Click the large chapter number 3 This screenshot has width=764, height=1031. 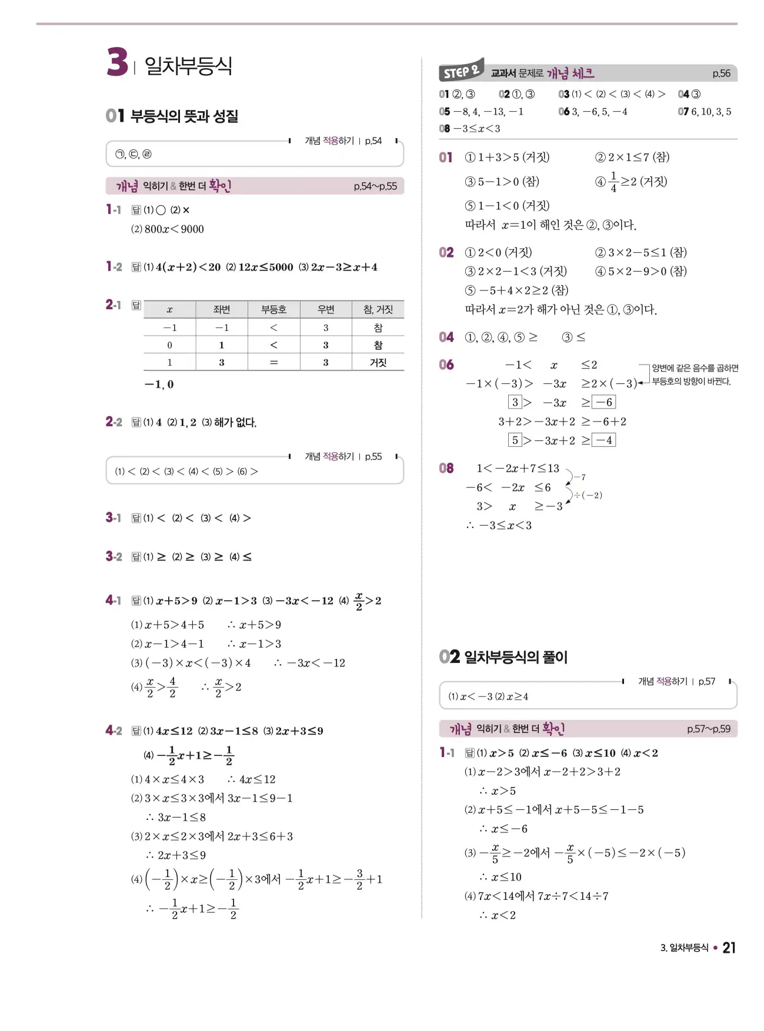click(117, 62)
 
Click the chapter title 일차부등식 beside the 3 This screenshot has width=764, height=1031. click(188, 65)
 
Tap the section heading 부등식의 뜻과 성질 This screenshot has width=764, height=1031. click(184, 116)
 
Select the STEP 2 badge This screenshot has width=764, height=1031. click(461, 71)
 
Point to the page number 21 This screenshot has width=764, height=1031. click(729, 948)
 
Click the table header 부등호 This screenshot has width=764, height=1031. click(273, 310)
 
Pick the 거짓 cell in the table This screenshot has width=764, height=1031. click(378, 363)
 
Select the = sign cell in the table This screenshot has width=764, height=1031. click(273, 363)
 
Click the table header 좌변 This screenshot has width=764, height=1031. click(222, 310)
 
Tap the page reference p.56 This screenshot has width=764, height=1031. click(721, 73)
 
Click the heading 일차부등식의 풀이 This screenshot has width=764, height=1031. click(516, 657)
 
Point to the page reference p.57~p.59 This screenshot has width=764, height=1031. click(709, 729)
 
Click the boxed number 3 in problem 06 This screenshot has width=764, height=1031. click(515, 402)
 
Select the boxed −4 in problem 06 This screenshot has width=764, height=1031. click(604, 440)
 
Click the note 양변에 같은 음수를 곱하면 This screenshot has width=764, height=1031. click(695, 368)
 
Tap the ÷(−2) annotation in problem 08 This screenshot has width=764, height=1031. click(588, 496)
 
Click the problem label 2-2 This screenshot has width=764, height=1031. click(114, 422)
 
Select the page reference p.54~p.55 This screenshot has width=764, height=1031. click(375, 186)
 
